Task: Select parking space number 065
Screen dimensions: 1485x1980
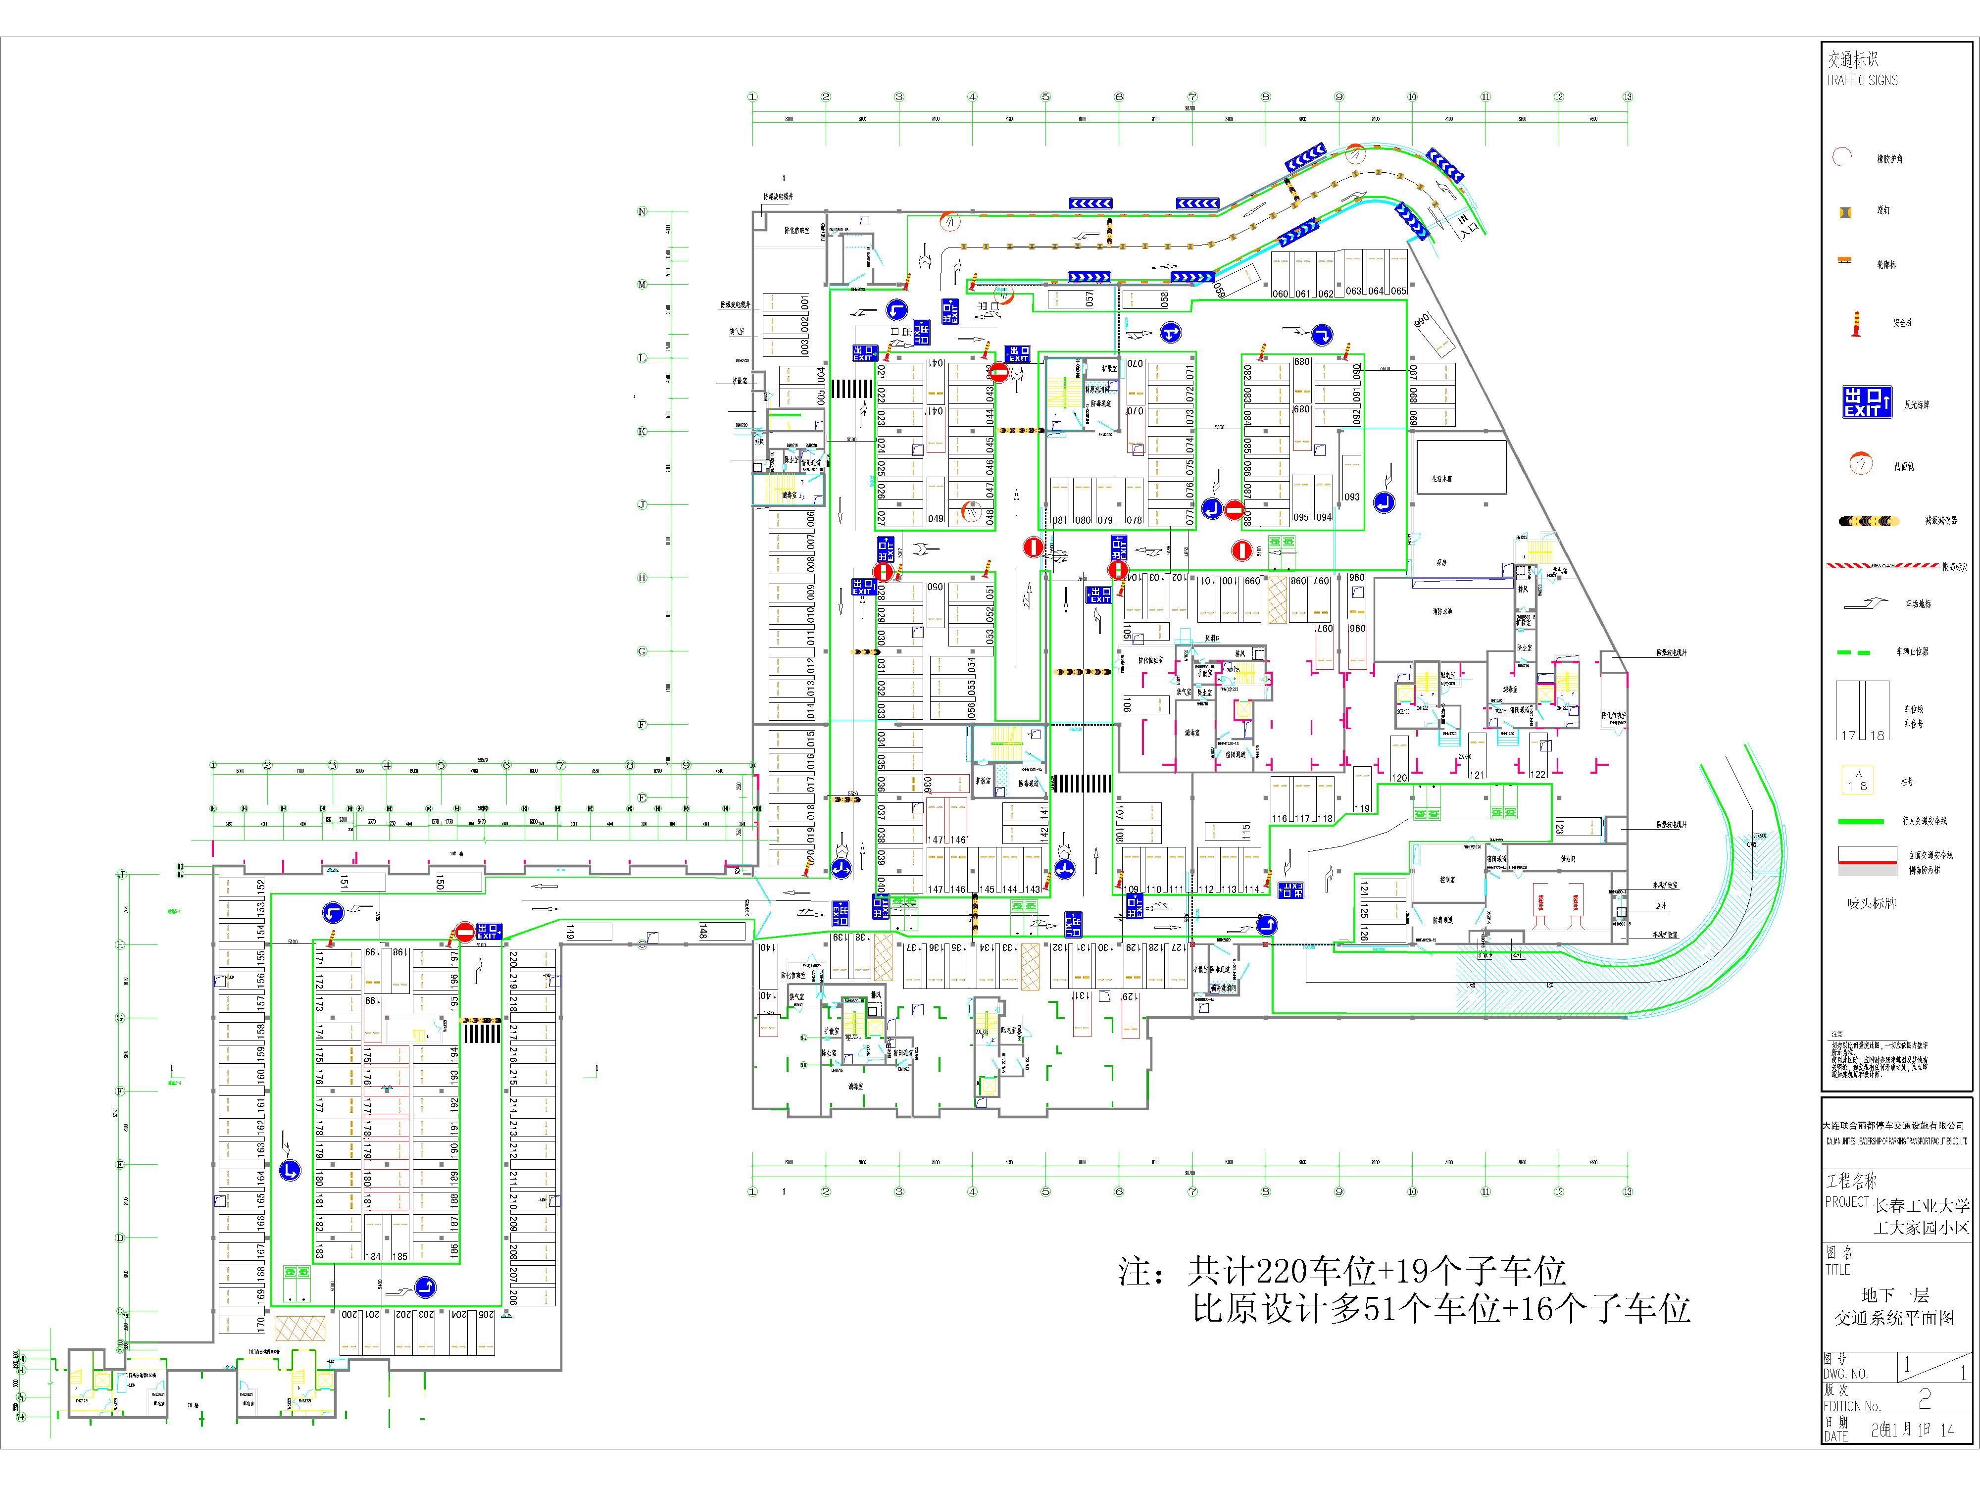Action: pos(1398,291)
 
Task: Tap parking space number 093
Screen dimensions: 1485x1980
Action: pos(1352,497)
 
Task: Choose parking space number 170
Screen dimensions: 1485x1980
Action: pos(260,1321)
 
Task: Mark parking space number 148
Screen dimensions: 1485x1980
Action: pos(703,932)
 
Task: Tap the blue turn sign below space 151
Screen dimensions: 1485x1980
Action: pos(333,913)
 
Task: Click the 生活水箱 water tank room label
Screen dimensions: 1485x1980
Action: pos(1442,479)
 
